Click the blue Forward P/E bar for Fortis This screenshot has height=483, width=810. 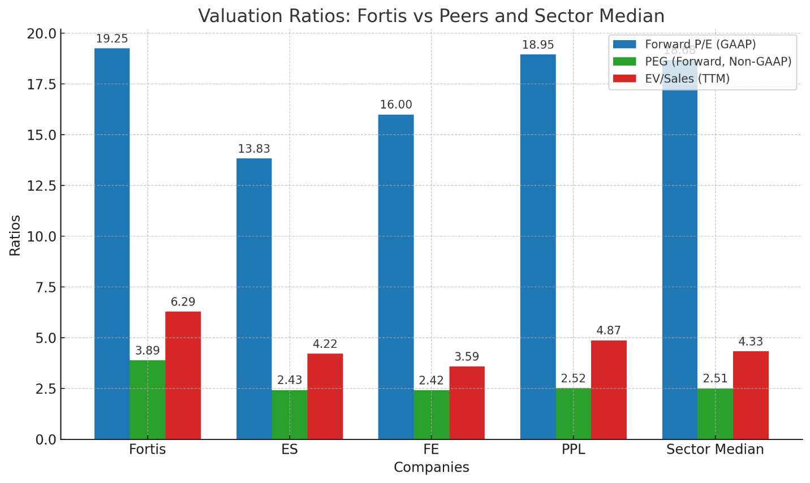pyautogui.click(x=112, y=243)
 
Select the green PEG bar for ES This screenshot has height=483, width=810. pyautogui.click(x=290, y=415)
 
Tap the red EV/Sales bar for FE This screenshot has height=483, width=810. pyautogui.click(x=467, y=403)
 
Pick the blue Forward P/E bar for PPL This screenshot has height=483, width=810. pyautogui.click(x=538, y=247)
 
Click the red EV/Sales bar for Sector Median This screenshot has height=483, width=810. pyautogui.click(x=751, y=395)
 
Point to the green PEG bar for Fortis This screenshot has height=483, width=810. pyautogui.click(x=148, y=399)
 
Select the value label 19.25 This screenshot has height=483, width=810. pyautogui.click(x=112, y=39)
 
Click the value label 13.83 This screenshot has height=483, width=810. pyautogui.click(x=254, y=149)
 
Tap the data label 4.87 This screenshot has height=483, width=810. pyautogui.click(x=609, y=331)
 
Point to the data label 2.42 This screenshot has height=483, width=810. pyautogui.click(x=431, y=381)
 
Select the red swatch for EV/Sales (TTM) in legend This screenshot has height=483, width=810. pyautogui.click(x=624, y=79)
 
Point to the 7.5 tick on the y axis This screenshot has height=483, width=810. pyautogui.click(x=45, y=287)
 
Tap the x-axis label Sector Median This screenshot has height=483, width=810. pyautogui.click(x=715, y=450)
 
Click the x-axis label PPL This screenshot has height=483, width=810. pyautogui.click(x=573, y=450)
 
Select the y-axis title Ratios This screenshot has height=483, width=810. pyautogui.click(x=15, y=235)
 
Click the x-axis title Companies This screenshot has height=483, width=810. pyautogui.click(x=431, y=468)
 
